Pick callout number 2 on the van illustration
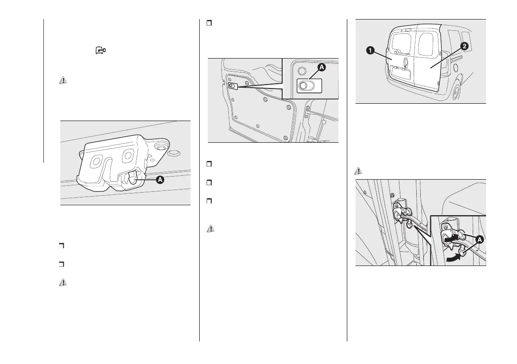[464, 46]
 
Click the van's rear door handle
[404, 62]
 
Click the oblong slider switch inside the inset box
[309, 85]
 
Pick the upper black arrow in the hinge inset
[450, 238]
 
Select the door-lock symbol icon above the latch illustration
[100, 51]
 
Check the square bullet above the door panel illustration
[209, 23]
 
